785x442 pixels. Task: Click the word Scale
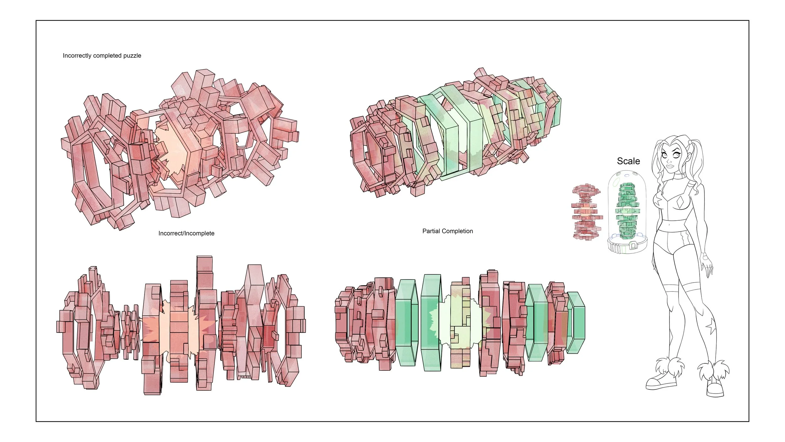point(628,161)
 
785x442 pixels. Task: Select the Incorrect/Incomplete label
point(186,233)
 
